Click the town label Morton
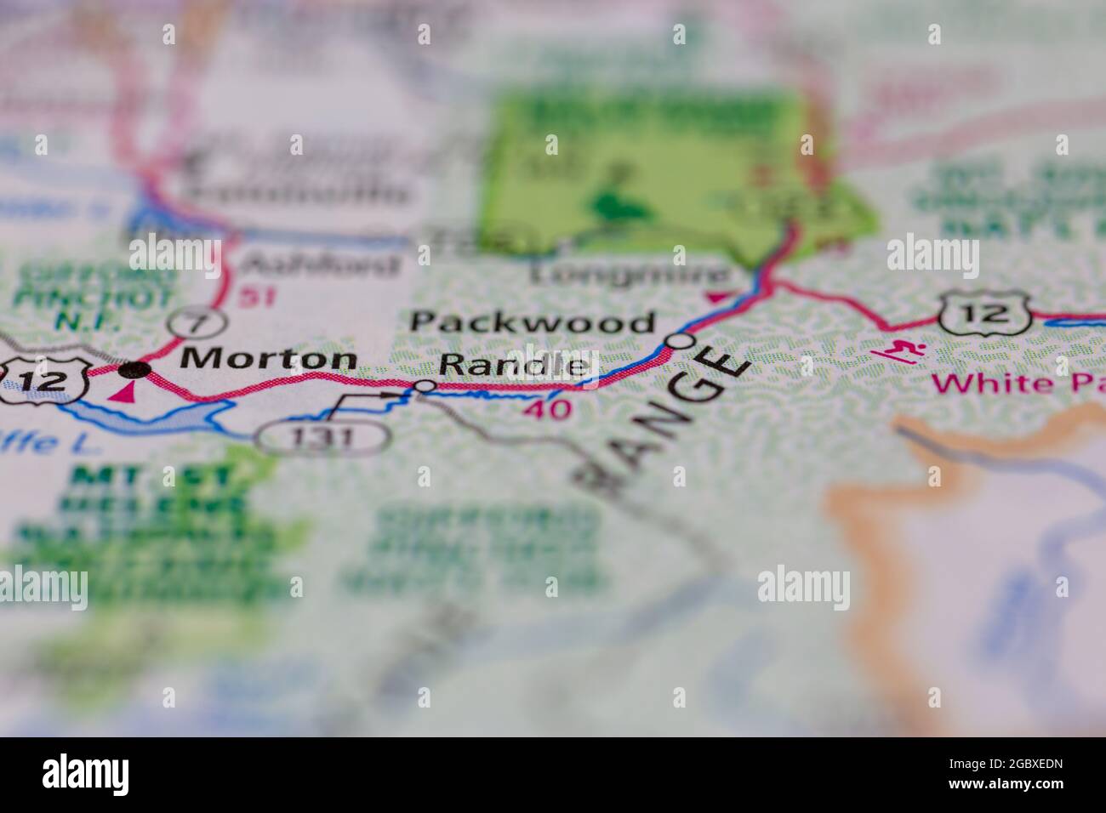point(268,359)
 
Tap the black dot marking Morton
point(134,369)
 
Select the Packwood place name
point(533,322)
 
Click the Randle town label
point(514,367)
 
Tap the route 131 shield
point(323,437)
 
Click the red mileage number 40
point(548,409)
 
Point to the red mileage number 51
point(256,298)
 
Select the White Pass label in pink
point(1018,383)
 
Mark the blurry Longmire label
point(630,274)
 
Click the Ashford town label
point(321,264)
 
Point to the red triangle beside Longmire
point(717,297)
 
